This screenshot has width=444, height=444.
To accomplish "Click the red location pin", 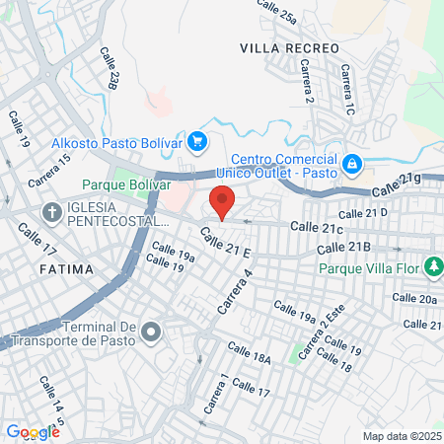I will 223,201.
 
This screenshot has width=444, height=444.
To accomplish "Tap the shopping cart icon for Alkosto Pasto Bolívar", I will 197,142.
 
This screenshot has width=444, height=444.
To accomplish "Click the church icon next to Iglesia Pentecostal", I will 51,212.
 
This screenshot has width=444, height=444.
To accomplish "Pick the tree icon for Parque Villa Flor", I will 432,266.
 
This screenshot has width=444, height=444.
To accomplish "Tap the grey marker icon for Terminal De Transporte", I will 151,332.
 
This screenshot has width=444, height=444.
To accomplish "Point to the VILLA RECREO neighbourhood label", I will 289,47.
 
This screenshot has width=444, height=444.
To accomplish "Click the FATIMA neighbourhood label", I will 66,268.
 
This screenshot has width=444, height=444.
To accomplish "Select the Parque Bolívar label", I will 126,185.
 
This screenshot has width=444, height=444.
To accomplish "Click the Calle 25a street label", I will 276,12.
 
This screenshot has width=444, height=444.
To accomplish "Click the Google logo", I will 33,432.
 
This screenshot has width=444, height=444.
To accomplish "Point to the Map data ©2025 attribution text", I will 402,436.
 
